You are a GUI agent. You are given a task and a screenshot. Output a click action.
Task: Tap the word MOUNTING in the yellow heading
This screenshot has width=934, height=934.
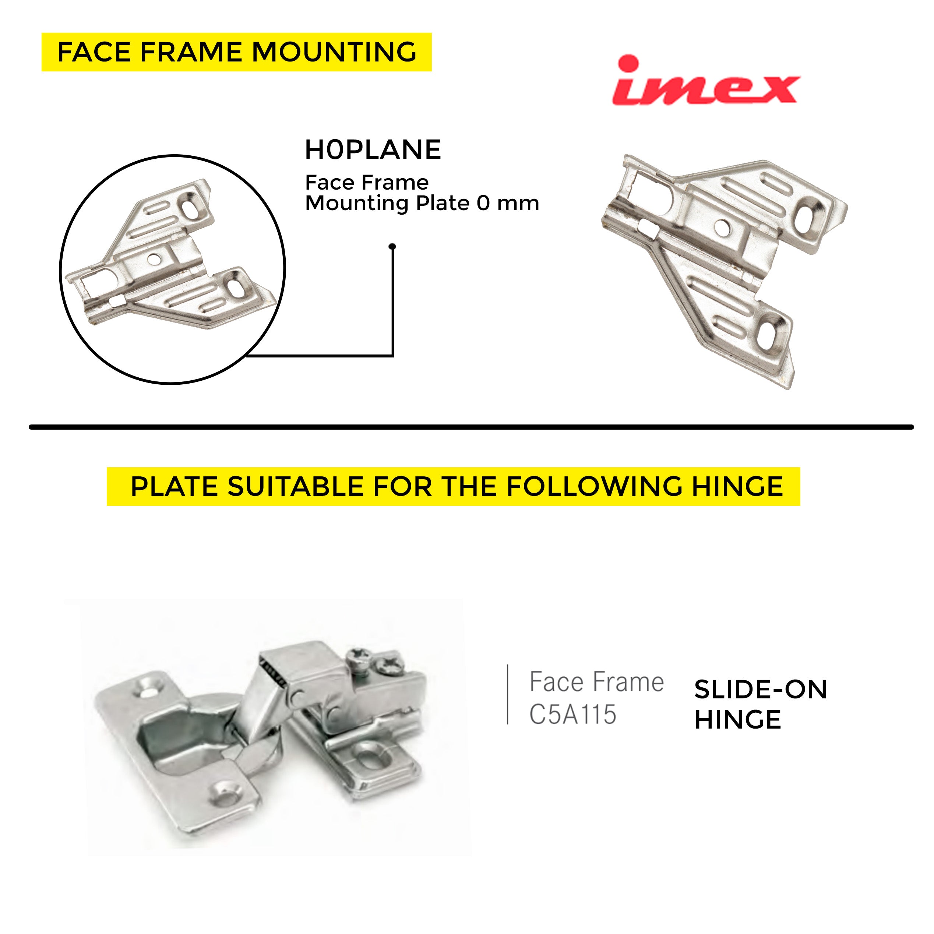point(334,52)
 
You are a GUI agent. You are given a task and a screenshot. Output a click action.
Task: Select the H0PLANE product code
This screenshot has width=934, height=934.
point(373,150)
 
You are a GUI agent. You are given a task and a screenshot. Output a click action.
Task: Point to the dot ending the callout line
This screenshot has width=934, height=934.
point(392,247)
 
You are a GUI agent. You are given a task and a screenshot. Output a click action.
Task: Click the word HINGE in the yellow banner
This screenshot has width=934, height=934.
point(737,486)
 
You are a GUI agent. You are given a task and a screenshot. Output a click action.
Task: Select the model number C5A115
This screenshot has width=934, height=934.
point(573,714)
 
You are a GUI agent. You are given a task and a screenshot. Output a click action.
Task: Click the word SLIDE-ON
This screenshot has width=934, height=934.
point(761,690)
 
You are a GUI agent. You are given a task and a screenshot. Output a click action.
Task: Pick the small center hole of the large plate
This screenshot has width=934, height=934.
point(722,227)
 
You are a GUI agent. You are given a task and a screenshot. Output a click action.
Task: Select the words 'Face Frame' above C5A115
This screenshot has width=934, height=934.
point(596,682)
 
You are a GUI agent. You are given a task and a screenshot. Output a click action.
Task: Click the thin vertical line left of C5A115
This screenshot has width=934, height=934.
point(508,694)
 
